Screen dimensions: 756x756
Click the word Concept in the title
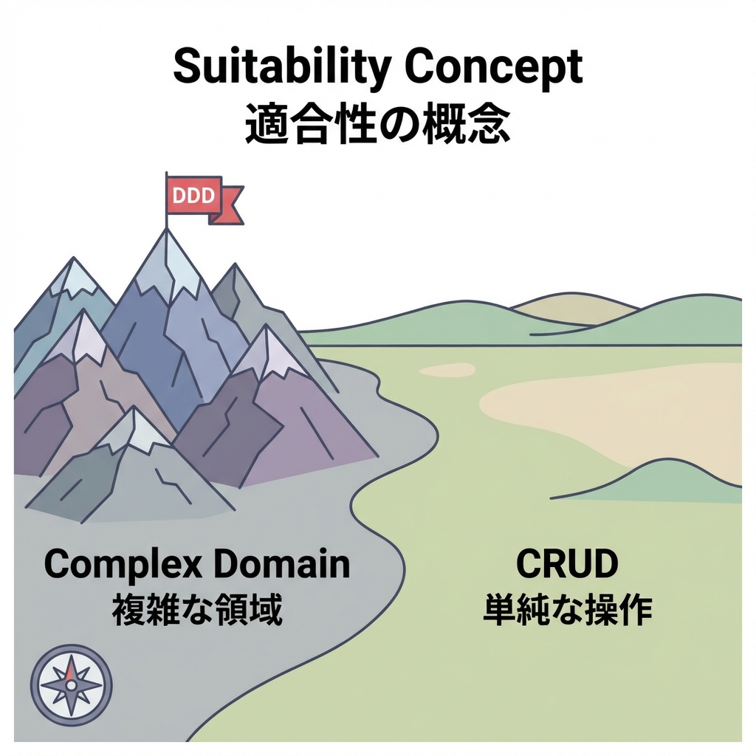coord(495,68)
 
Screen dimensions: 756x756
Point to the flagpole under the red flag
coord(167,220)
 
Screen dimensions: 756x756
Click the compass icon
coord(72,684)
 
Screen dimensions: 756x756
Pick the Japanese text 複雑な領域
coord(197,611)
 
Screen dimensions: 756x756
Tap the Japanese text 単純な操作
coord(567,611)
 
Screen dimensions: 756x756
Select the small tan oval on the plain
coord(447,370)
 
